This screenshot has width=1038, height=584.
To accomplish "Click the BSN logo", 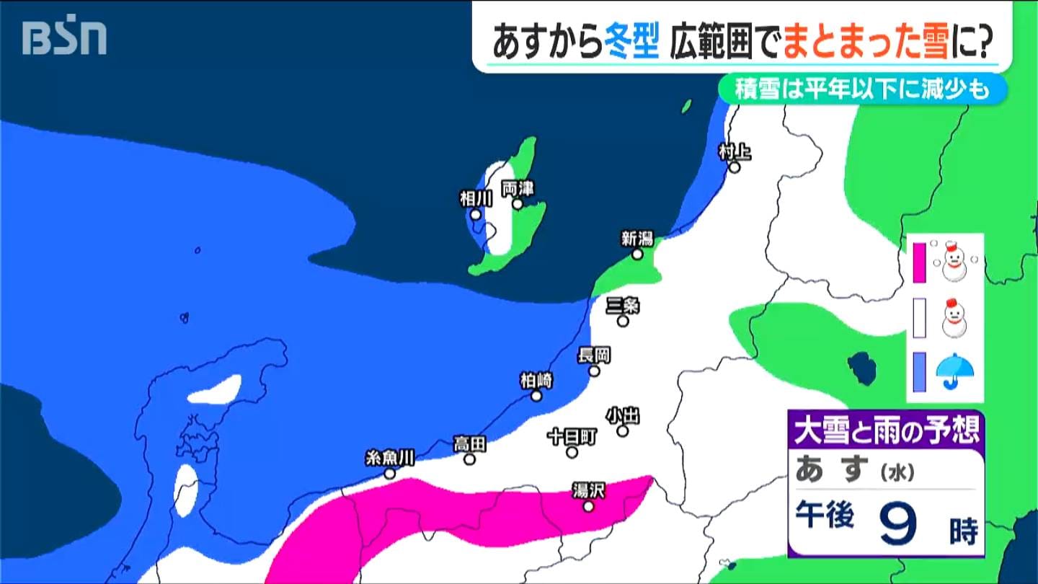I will point(64,37).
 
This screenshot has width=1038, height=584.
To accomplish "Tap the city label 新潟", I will point(637,238).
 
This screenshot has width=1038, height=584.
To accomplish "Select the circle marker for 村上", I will point(734,168).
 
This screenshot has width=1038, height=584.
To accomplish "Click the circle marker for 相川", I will point(476,214).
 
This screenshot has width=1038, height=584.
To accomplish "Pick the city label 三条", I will point(623,305).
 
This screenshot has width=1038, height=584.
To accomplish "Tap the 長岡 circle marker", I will point(594,371).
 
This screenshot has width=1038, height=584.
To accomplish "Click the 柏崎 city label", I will point(536,380).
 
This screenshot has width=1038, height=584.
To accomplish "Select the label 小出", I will point(622,415).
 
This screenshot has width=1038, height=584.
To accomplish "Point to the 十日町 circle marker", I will point(572,452).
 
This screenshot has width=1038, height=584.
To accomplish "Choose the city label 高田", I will point(469,443).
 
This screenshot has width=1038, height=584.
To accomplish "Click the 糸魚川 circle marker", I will point(389,474).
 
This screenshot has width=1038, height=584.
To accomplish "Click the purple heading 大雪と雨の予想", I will point(886,431).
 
